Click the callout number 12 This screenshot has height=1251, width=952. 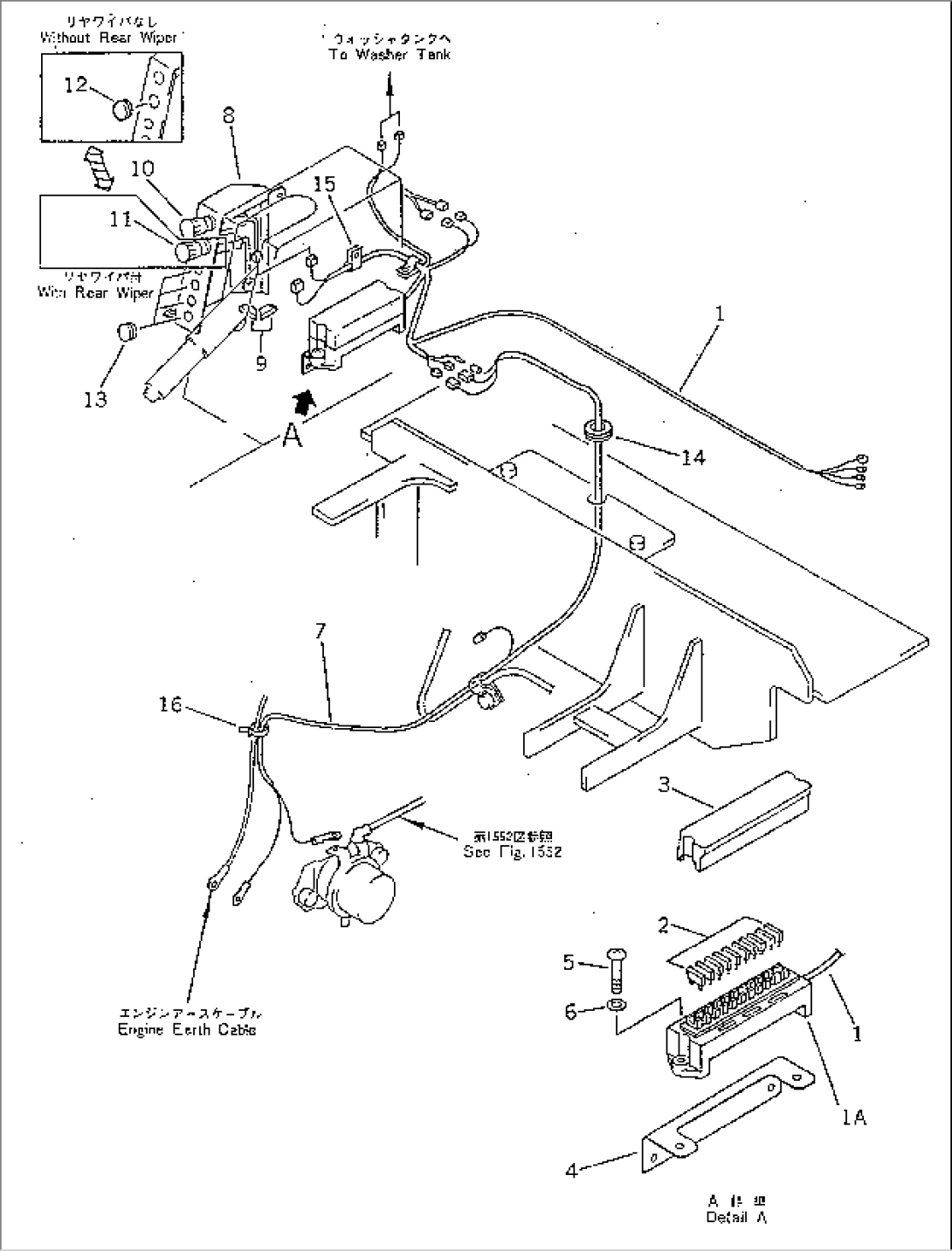tap(76, 84)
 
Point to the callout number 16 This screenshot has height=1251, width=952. tap(171, 704)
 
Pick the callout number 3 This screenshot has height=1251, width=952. tap(664, 786)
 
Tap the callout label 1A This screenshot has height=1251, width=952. tap(855, 1117)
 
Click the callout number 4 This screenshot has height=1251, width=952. tap(571, 1171)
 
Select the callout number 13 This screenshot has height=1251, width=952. tap(95, 398)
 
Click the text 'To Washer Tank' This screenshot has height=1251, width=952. tap(390, 54)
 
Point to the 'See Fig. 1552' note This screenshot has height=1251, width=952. tap(512, 851)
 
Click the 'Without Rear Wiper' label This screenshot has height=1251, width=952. tap(108, 38)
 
